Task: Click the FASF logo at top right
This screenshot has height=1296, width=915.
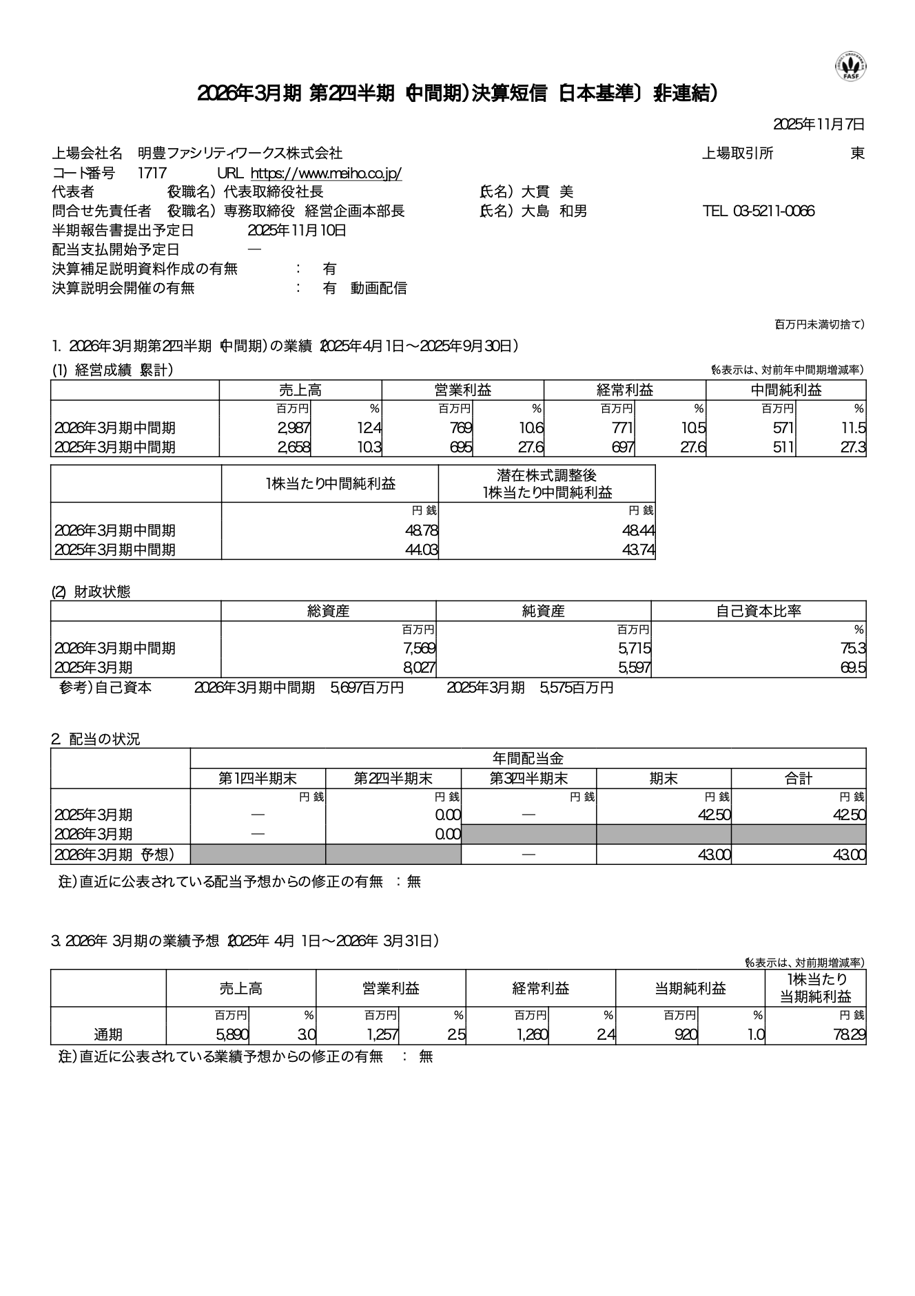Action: tap(851, 66)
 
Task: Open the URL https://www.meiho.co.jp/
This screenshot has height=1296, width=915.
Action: tap(326, 173)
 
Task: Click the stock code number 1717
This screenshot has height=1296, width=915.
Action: tap(152, 173)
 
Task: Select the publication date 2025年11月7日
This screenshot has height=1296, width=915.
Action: tap(819, 125)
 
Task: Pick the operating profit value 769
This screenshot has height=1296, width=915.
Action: tap(460, 428)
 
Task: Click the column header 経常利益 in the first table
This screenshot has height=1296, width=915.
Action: tap(624, 390)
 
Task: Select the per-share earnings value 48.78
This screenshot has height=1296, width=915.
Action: tap(422, 530)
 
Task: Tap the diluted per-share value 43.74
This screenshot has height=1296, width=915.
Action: tap(639, 550)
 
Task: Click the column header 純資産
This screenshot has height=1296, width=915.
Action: tap(543, 611)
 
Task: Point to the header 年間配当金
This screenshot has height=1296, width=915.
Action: tap(528, 758)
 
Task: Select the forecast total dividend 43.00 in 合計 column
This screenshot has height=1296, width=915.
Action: tap(849, 855)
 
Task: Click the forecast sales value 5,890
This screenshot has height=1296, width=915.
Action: tap(232, 1034)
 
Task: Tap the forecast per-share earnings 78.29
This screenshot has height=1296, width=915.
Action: tap(849, 1034)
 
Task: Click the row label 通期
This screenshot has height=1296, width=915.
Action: tap(108, 1034)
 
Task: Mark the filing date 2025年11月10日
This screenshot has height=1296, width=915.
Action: tap(297, 231)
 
